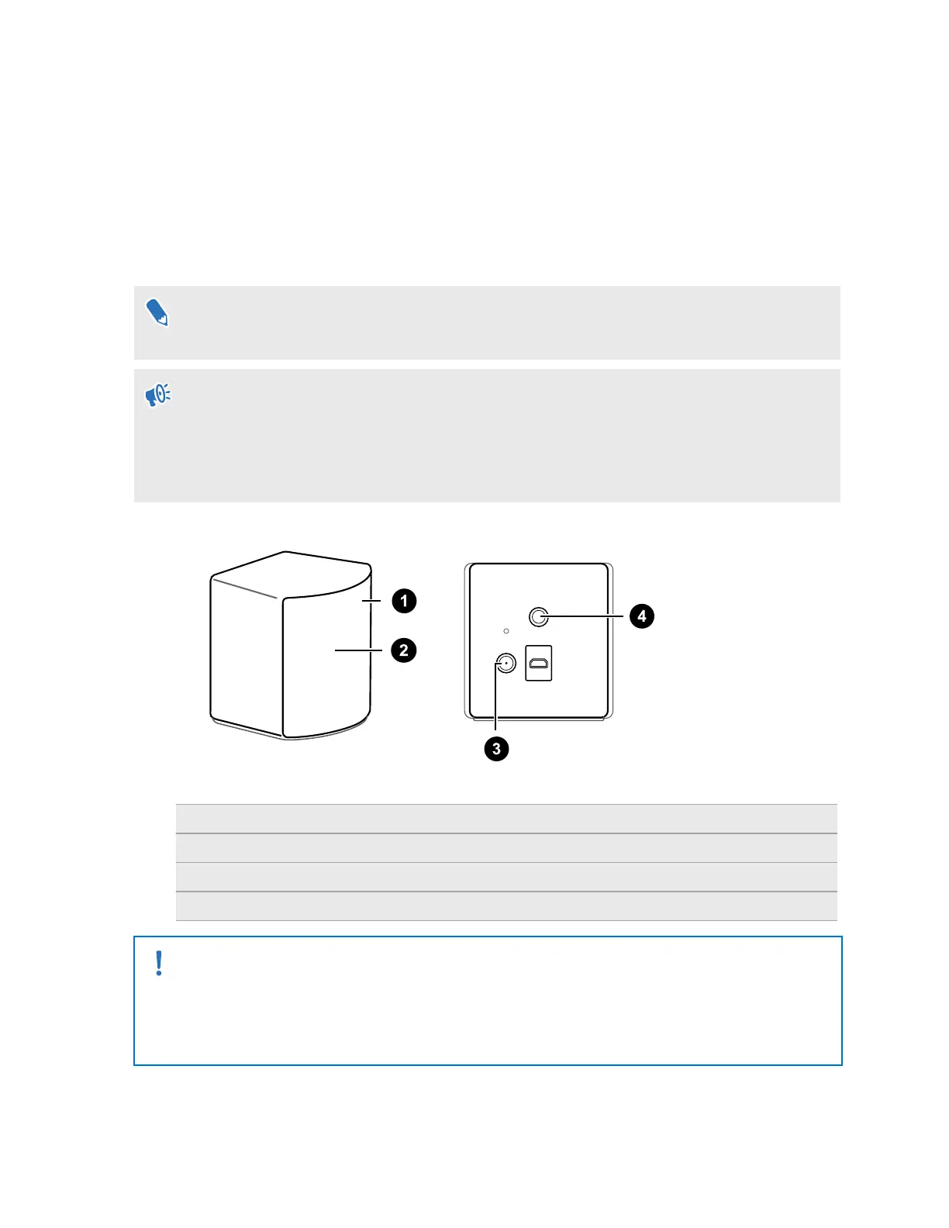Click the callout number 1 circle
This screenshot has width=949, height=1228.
coord(403,601)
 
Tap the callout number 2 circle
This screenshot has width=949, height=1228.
coord(403,650)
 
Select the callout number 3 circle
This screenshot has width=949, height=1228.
coord(496,749)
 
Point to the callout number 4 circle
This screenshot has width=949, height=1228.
coord(641,616)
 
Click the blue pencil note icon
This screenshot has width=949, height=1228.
coord(157,312)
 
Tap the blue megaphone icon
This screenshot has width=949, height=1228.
coord(158,395)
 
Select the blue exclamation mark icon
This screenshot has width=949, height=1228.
coord(159,964)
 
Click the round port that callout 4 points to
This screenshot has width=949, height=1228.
coord(538,617)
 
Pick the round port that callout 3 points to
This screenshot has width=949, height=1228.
coord(505,664)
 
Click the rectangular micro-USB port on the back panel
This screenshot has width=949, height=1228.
coord(539,664)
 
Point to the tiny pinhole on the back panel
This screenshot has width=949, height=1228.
coord(506,631)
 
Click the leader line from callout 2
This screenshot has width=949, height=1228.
coord(358,650)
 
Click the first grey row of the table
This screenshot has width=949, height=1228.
coord(506,819)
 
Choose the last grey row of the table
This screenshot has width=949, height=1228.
coord(506,906)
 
